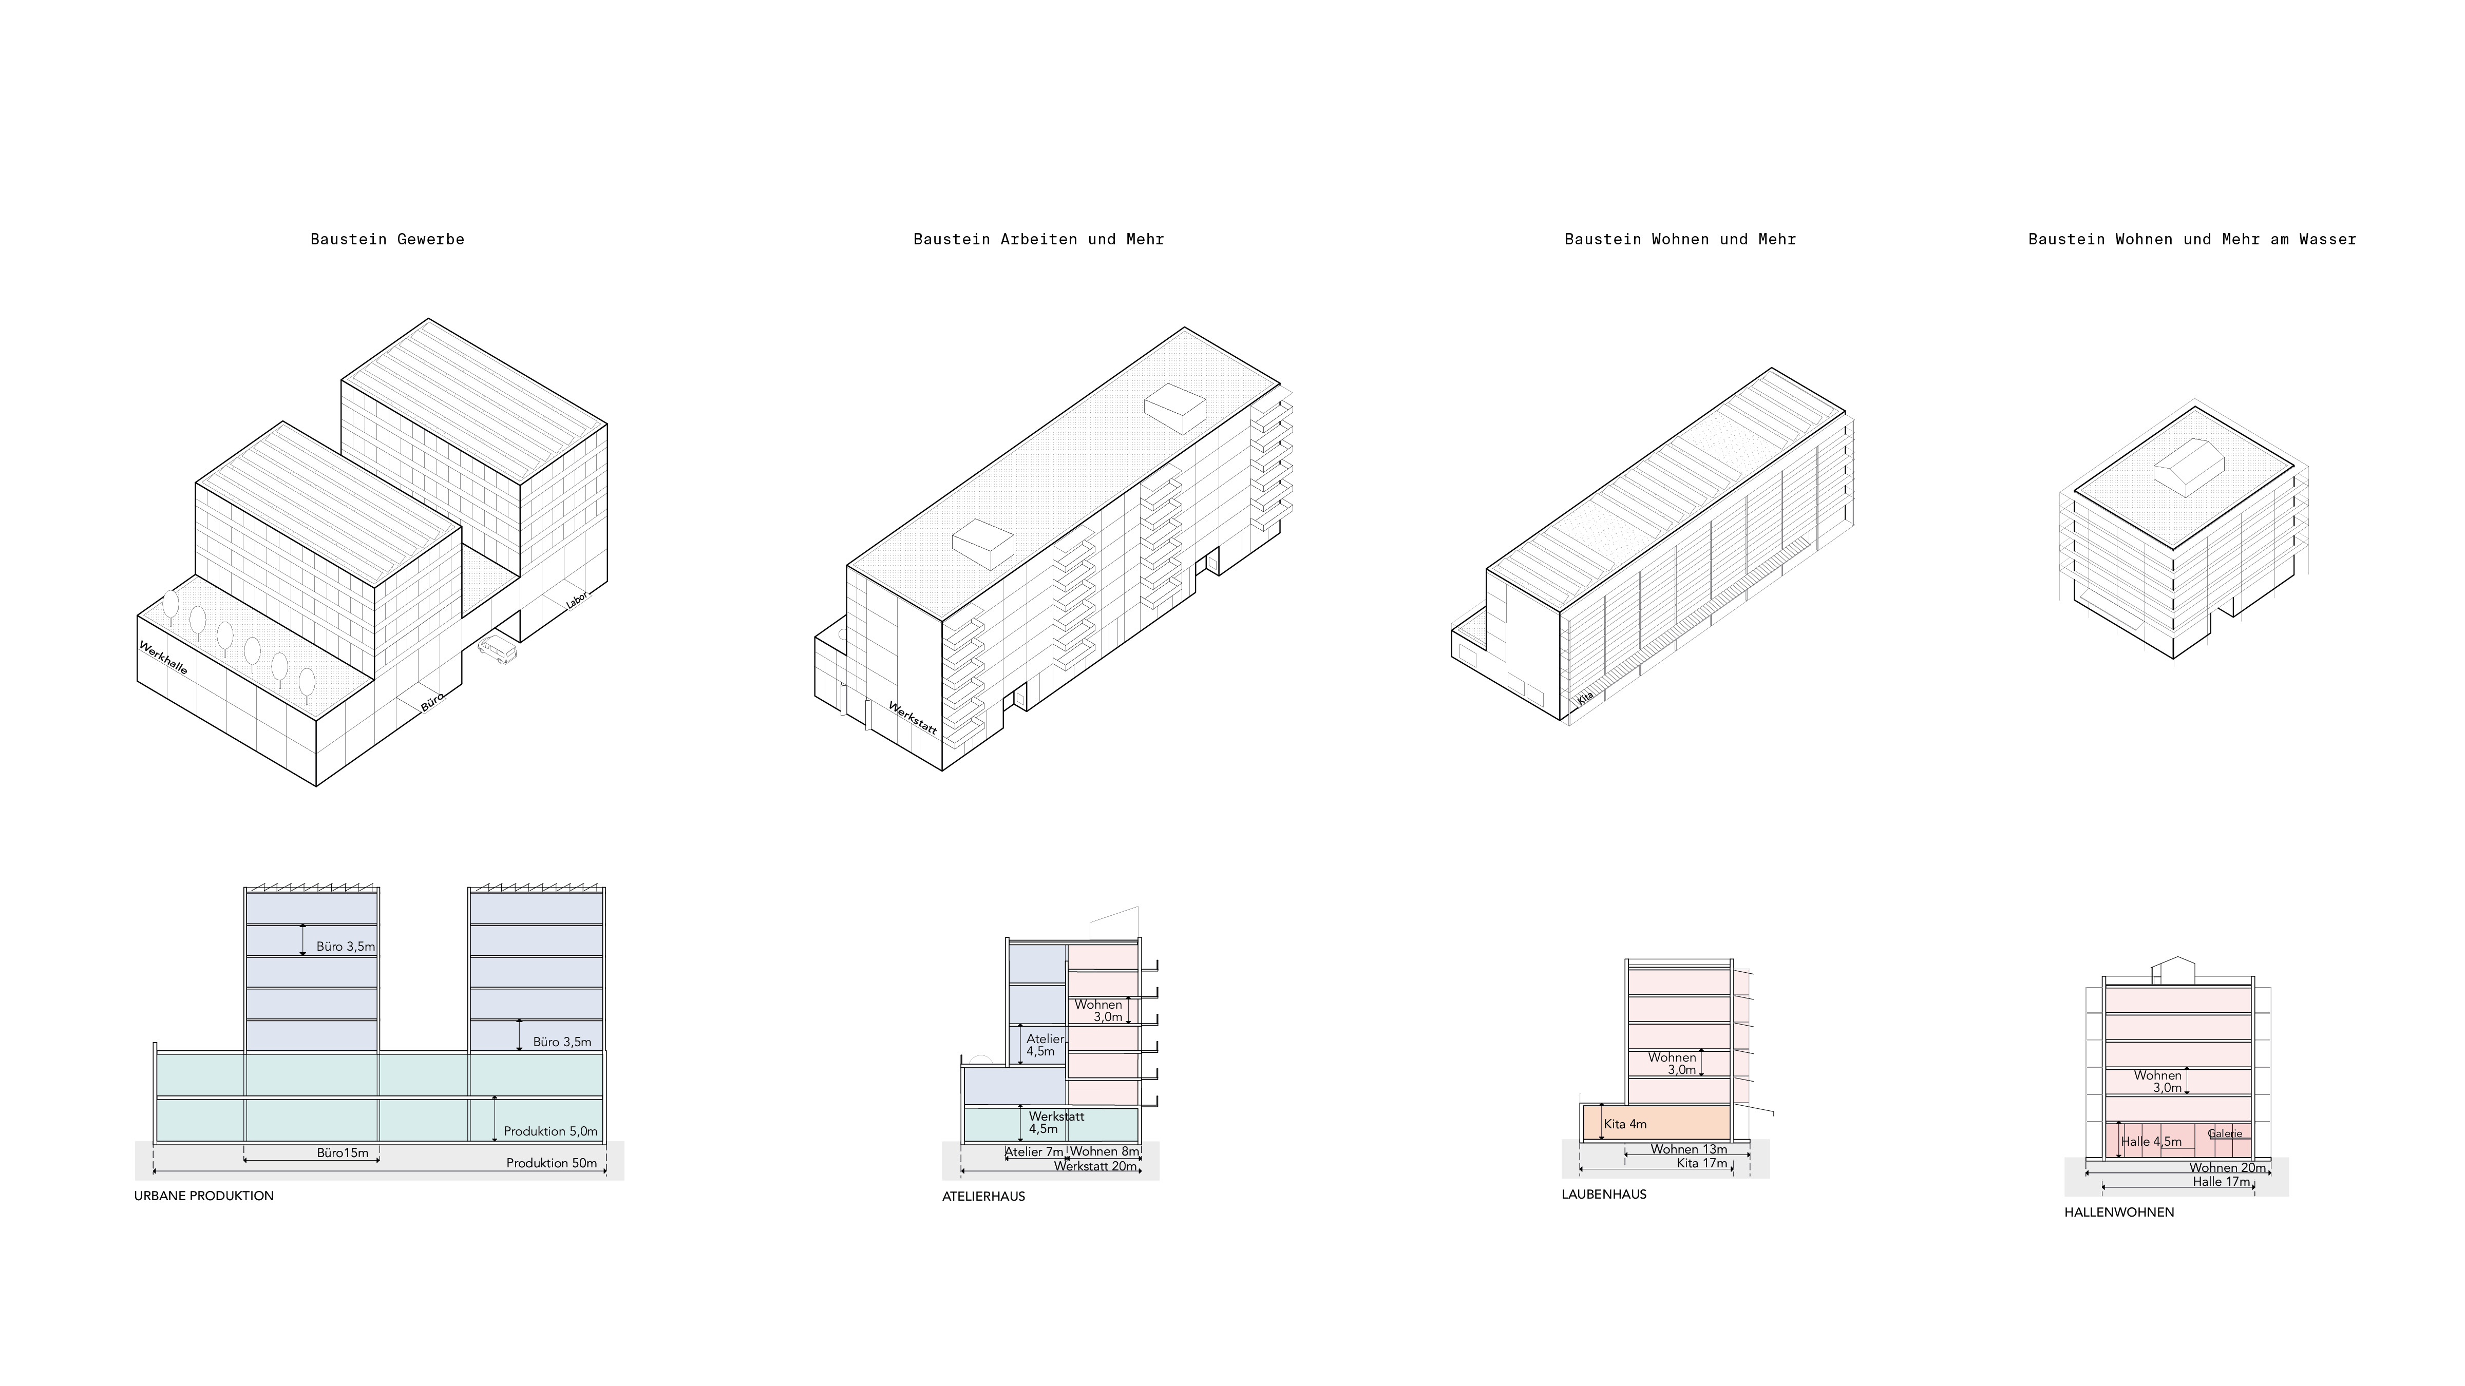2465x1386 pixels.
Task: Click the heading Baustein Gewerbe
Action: (388, 239)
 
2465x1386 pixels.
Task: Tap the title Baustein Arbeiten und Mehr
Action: (1038, 239)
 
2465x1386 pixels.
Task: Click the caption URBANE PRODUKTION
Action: (204, 1196)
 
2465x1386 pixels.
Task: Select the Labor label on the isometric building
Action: (577, 600)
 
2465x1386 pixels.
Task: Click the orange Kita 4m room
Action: (1656, 1122)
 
